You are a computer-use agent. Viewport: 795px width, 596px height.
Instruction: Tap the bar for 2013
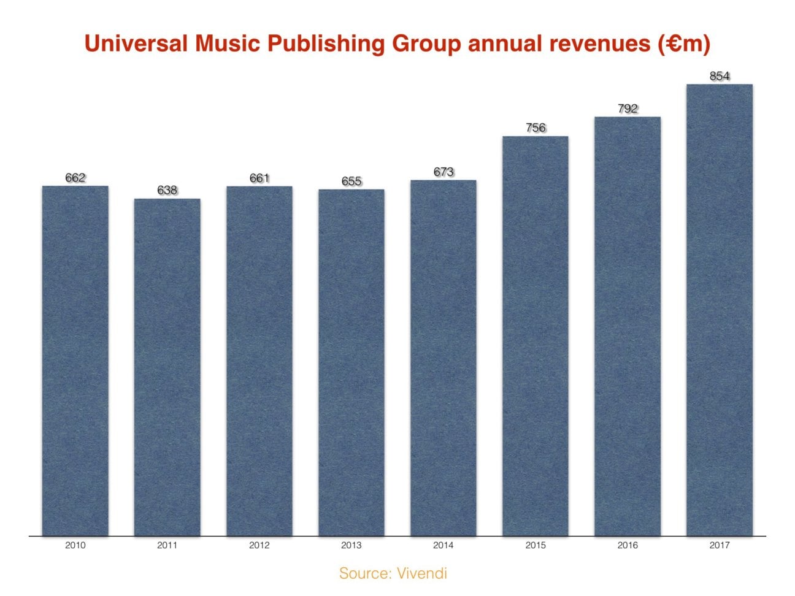351,362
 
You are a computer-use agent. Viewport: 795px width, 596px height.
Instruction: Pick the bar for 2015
535,336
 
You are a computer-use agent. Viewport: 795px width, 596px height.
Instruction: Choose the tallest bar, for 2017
719,310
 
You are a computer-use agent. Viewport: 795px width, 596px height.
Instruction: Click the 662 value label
75,178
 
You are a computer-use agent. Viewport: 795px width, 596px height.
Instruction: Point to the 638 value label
167,191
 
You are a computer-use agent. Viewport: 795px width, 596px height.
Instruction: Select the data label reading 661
259,178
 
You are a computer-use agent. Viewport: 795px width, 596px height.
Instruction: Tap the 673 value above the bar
443,172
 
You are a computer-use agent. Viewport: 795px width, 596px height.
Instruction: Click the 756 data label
535,128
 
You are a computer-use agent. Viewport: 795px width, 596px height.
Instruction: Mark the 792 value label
627,109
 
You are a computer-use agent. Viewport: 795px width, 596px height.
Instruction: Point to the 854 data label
719,77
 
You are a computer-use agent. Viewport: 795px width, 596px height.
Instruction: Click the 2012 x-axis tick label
259,545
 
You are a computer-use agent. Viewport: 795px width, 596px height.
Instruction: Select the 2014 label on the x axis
443,545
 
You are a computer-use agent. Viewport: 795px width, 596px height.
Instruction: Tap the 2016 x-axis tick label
627,545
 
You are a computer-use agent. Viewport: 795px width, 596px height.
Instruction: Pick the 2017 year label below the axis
719,545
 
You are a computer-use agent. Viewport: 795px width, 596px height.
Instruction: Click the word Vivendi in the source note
421,574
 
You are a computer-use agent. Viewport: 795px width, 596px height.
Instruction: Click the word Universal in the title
136,44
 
